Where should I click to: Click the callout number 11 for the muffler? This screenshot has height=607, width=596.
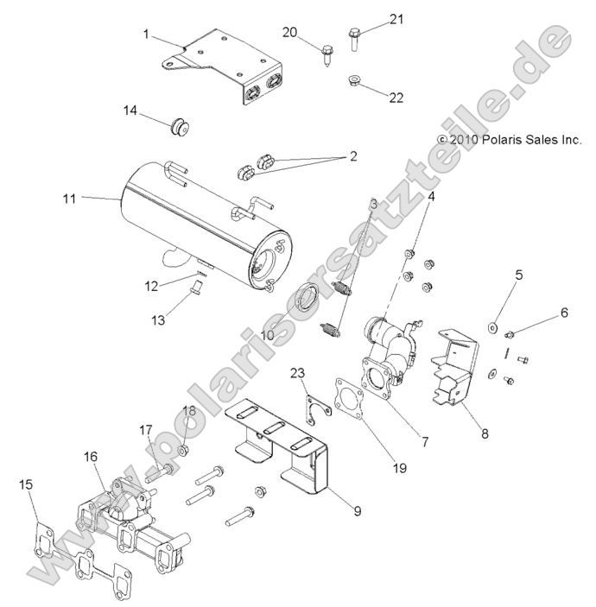(x=69, y=199)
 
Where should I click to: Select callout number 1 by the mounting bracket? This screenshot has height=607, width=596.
(x=146, y=35)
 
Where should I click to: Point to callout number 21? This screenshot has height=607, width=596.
(x=396, y=19)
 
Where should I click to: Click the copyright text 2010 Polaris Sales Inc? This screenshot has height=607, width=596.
(x=510, y=138)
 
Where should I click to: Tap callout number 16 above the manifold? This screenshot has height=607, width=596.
(x=90, y=456)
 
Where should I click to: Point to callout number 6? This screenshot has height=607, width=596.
(x=564, y=313)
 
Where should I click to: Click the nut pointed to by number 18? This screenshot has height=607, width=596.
(x=183, y=450)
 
